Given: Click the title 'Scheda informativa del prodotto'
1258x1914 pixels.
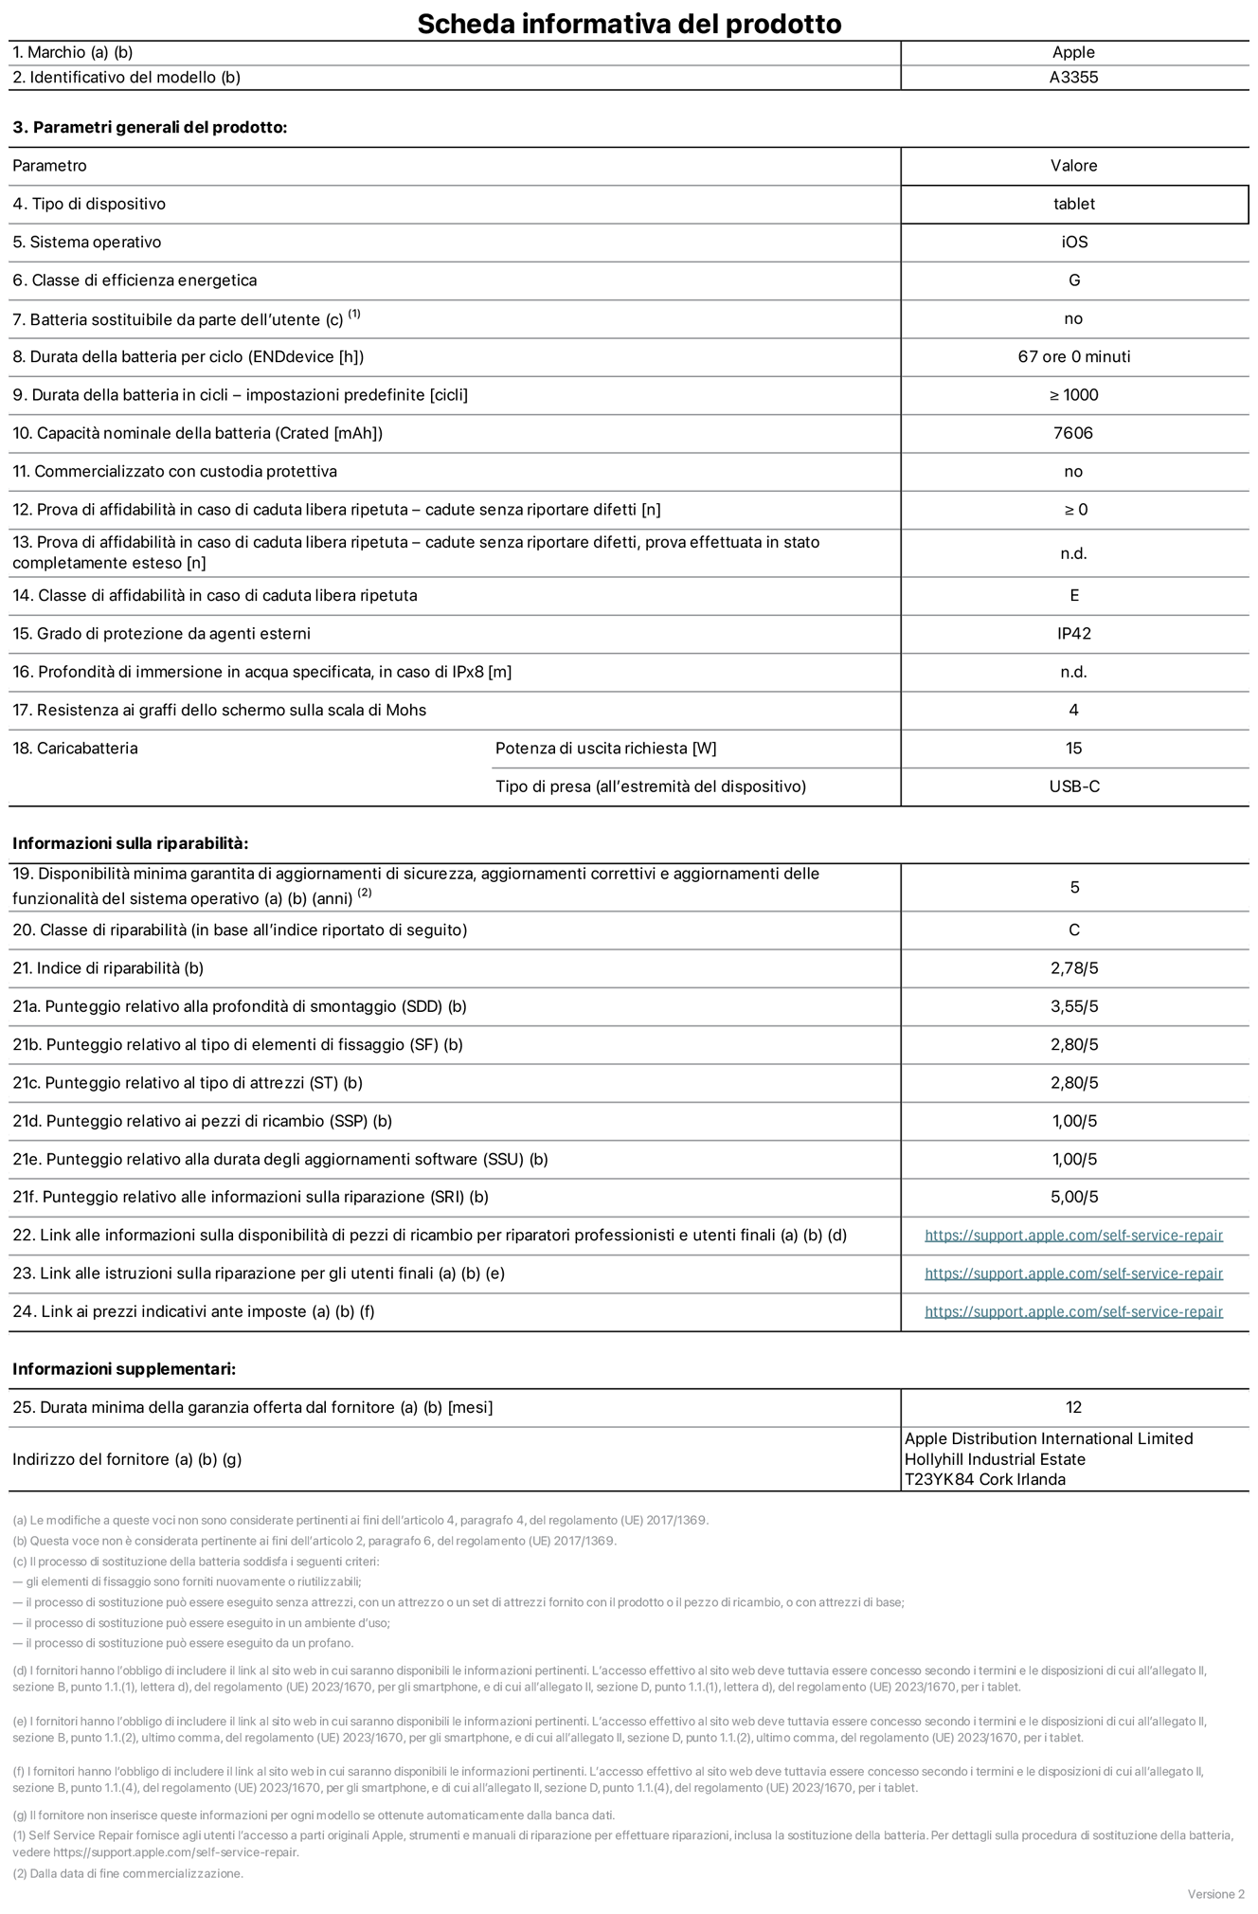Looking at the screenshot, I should pyautogui.click(x=629, y=23).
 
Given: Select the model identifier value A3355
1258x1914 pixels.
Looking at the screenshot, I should pyautogui.click(x=1073, y=78).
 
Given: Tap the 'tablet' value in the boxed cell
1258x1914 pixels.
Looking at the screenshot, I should pyautogui.click(x=1073, y=204).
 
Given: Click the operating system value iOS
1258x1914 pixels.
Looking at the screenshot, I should pyautogui.click(x=1073, y=243).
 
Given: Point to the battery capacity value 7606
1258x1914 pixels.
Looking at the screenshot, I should pyautogui.click(x=1073, y=433).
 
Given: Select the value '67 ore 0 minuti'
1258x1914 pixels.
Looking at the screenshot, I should pyautogui.click(x=1073, y=357).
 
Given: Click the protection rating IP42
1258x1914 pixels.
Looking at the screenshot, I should pyautogui.click(x=1073, y=634).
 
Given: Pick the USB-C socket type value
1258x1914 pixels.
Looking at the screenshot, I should pyautogui.click(x=1073, y=786).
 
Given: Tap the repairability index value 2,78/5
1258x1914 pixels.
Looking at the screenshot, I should pyautogui.click(x=1073, y=968).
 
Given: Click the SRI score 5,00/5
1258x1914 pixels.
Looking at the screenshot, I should pyautogui.click(x=1073, y=1197).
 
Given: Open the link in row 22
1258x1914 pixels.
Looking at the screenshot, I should pyautogui.click(x=1073, y=1236).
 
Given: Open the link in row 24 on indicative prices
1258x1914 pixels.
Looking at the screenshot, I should pyautogui.click(x=1073, y=1311).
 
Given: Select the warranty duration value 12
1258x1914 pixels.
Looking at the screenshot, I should pyautogui.click(x=1073, y=1407).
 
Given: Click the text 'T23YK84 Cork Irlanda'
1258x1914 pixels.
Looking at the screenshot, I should pyautogui.click(x=984, y=1479).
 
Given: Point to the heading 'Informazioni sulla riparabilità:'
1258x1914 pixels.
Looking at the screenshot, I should pyautogui.click(x=130, y=843).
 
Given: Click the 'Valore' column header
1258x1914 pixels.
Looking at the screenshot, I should pyautogui.click(x=1073, y=166).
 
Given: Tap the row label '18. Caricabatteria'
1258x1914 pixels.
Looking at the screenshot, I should pyautogui.click(x=75, y=749).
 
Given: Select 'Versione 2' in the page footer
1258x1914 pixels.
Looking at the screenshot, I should pyautogui.click(x=1215, y=1894).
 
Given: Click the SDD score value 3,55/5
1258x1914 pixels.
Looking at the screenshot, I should pyautogui.click(x=1073, y=1006).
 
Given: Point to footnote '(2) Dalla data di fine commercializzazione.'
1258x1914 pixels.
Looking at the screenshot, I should pyautogui.click(x=128, y=1873).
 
